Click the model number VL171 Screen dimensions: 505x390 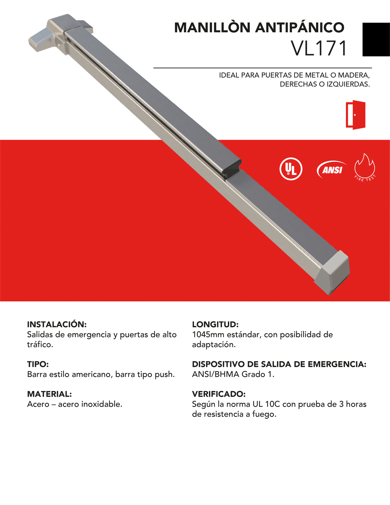coord(319,48)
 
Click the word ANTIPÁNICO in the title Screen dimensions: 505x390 coord(300,28)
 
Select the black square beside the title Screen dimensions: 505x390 coord(376,39)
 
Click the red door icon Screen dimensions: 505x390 coord(355,115)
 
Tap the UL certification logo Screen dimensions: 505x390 coord(291,169)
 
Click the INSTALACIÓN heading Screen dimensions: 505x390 coord(57,324)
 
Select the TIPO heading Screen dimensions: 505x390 coord(38,364)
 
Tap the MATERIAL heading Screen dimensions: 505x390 coord(49,394)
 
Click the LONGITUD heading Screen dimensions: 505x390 coord(215,324)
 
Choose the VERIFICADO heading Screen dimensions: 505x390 coord(219,394)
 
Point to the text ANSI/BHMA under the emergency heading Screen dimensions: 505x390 coord(215,374)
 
